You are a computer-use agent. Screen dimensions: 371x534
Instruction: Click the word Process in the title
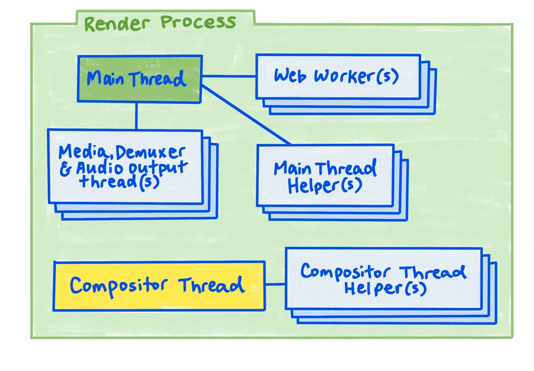coord(198,22)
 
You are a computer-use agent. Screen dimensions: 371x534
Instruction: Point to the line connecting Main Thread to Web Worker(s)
coord(229,76)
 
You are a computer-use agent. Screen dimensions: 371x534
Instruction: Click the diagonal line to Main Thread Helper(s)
coord(247,115)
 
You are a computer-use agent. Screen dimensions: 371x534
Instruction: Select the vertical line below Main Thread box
coord(136,116)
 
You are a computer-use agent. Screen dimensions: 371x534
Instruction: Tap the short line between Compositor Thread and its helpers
coord(275,284)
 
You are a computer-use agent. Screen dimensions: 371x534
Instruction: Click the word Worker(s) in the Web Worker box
coord(356,76)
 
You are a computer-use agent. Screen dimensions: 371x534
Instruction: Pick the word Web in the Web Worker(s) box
coord(290,76)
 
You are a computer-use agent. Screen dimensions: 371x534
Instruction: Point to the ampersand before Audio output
coord(66,169)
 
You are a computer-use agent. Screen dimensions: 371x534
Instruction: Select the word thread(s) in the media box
coord(119,182)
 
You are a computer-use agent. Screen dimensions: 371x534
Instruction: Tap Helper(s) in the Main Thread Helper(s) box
coord(324,186)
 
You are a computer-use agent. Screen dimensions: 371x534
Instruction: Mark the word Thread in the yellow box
coord(211,285)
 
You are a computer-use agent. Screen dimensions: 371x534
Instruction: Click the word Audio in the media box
coord(99,169)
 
